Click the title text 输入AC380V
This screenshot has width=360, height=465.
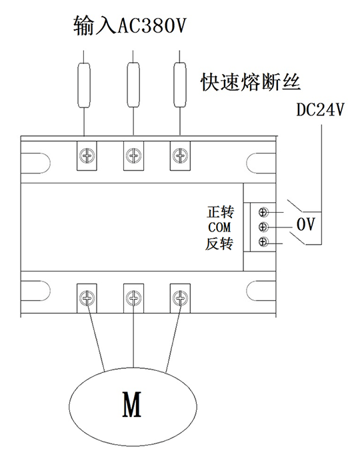click(129, 25)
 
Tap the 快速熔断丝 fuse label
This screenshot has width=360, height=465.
click(251, 82)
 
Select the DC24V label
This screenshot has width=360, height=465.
click(321, 109)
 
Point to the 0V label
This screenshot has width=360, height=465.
click(305, 224)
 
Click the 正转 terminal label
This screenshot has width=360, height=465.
click(220, 212)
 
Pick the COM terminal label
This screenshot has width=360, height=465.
click(219, 227)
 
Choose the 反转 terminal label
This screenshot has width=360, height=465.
click(219, 244)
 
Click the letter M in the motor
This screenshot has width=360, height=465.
click(132, 404)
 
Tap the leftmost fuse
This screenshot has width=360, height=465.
click(84, 85)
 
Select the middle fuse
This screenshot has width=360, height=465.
click(133, 85)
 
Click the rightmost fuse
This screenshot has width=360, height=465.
click(180, 85)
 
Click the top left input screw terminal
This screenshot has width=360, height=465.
click(87, 155)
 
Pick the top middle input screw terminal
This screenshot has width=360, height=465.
click(133, 155)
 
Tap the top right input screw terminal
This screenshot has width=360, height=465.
click(180, 155)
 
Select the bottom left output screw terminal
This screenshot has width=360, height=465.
click(87, 298)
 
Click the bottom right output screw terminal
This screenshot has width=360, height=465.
click(180, 298)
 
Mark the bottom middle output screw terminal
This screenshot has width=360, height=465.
click(133, 298)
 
